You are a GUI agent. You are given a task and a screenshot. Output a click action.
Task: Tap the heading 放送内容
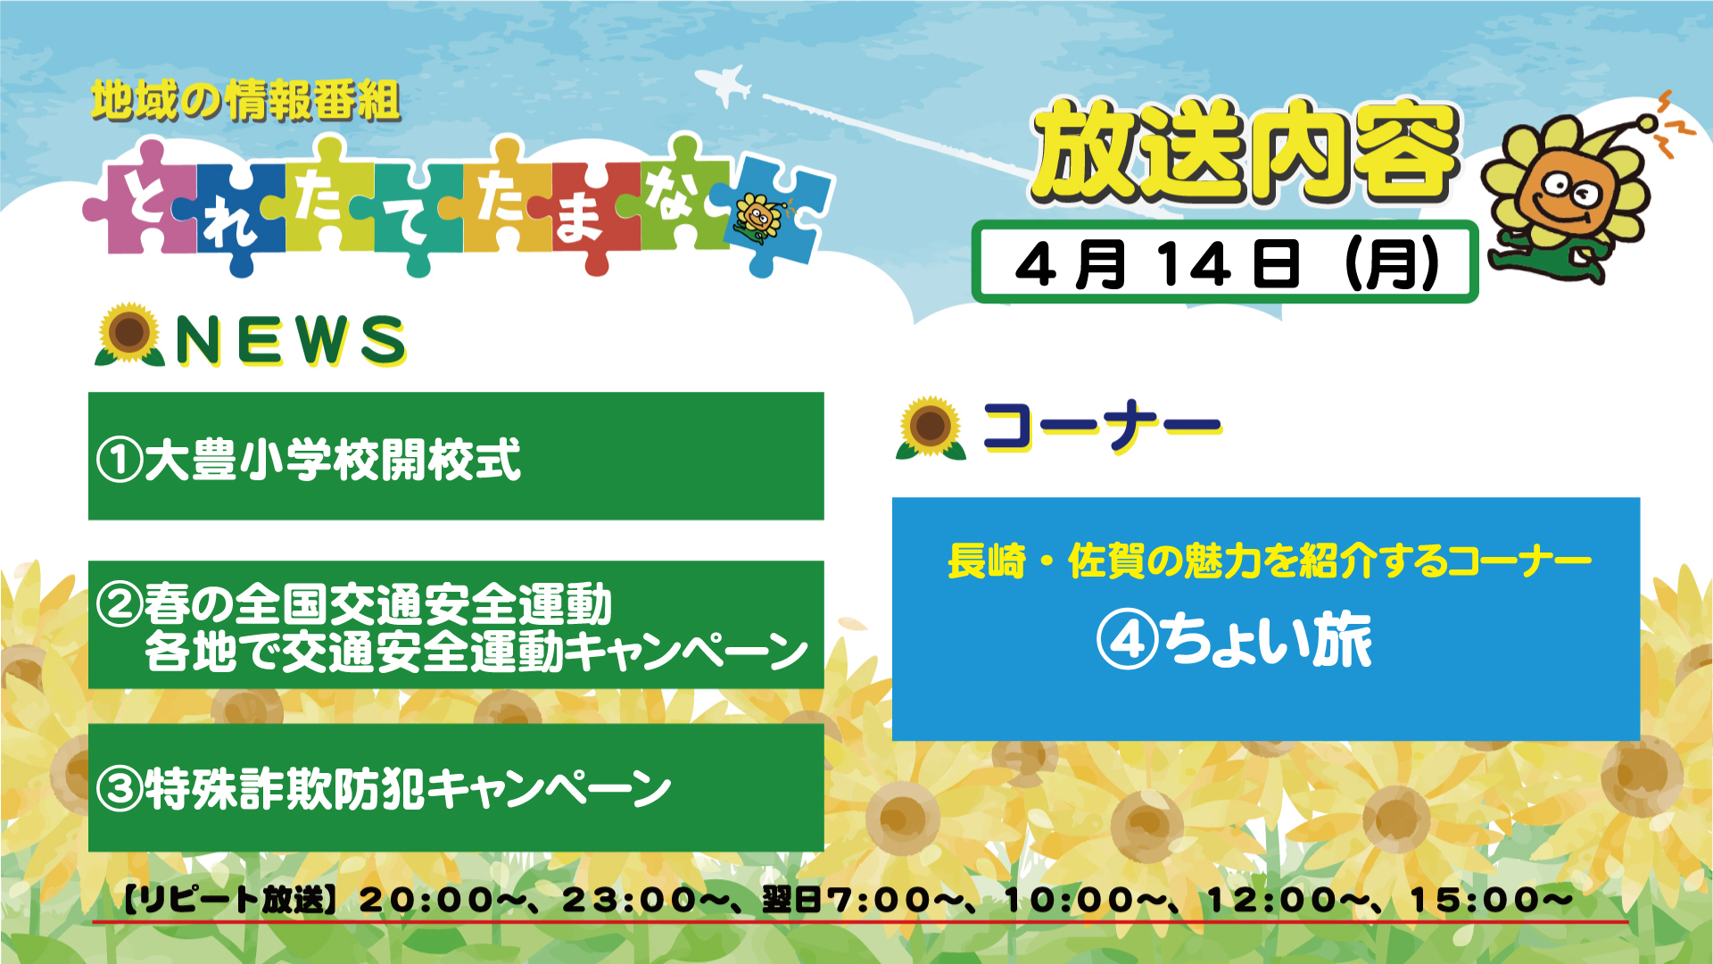tap(1245, 151)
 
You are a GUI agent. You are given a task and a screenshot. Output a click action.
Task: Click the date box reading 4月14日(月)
tap(1225, 262)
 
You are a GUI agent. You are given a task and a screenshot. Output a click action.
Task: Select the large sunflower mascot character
tap(1570, 192)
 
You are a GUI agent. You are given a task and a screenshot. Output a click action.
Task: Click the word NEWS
tap(291, 340)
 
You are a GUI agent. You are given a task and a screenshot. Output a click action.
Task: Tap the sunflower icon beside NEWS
tap(129, 335)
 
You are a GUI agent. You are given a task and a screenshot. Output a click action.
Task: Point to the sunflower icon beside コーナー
tap(931, 428)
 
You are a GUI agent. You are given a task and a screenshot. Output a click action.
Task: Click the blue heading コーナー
tap(1102, 426)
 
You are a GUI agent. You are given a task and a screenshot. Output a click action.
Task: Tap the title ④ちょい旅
tap(1235, 640)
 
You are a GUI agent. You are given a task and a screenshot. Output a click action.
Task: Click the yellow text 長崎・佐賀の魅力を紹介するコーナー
tap(1269, 561)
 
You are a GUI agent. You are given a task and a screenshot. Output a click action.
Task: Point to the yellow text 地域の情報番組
tap(246, 100)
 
